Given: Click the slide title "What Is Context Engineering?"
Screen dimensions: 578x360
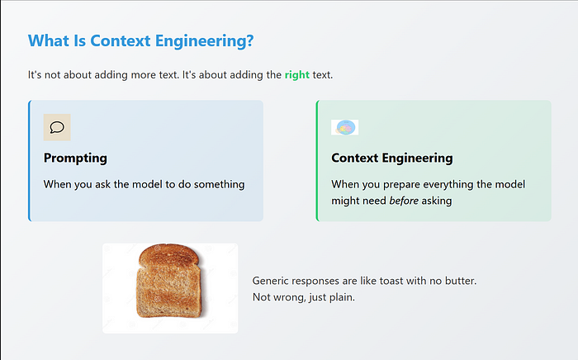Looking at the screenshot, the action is coord(141,41).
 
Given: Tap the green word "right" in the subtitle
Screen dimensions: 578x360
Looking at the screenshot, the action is coord(297,75).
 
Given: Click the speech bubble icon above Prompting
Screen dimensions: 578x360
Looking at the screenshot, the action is coord(57,127).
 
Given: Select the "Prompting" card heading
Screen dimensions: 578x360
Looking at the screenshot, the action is coord(75,158).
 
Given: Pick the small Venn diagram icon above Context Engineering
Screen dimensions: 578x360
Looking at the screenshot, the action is coord(344,127).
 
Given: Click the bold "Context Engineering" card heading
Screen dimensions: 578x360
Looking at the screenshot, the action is coord(392,158).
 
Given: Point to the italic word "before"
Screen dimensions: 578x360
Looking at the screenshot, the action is coord(404,201).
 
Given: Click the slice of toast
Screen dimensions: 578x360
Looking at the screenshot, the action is coord(169,281).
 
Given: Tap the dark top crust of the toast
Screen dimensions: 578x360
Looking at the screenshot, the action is coord(169,253).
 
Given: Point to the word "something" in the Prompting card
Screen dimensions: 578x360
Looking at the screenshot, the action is coord(220,184).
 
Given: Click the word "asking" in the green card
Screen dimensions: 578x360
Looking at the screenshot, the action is coord(437,201).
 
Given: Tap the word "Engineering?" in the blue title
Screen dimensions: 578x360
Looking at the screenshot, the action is coord(204,41).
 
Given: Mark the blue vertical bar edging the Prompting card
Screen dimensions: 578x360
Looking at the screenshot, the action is coord(30,161).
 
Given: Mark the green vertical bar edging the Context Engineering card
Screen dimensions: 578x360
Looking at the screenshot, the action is coord(317,161).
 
